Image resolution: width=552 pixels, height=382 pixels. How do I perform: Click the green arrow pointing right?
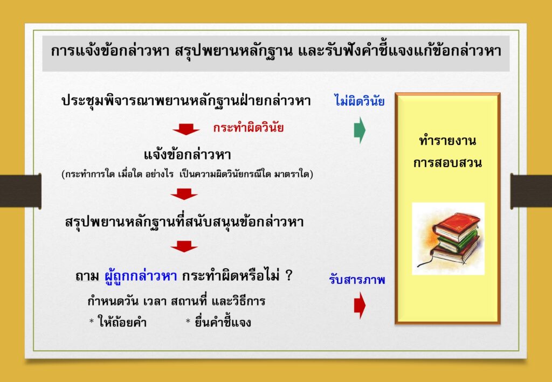tap(360, 130)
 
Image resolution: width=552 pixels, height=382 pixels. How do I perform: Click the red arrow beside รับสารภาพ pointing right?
tap(360, 305)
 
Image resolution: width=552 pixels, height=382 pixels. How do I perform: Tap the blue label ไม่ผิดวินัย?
tap(359, 101)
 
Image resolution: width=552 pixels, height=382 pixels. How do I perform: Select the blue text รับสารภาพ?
tap(357, 280)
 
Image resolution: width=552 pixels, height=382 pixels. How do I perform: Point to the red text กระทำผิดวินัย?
tap(248, 128)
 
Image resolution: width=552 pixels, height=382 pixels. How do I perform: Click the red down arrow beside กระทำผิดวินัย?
tap(186, 129)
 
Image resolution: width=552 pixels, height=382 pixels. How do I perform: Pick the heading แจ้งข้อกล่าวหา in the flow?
tap(187, 155)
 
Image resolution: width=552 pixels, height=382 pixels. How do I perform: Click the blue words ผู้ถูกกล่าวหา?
tap(141, 275)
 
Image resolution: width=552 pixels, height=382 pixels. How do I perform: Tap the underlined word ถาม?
tap(87, 276)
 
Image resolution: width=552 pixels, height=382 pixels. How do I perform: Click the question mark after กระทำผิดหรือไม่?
tap(289, 275)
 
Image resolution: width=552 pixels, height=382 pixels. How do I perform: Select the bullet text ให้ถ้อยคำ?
tap(123, 322)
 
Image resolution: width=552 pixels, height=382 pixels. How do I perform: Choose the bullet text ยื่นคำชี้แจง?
tap(223, 322)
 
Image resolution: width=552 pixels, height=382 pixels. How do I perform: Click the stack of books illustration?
tap(448, 239)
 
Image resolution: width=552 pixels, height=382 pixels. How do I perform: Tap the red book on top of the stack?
tap(457, 226)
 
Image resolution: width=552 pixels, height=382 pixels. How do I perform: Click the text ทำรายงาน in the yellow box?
tap(447, 141)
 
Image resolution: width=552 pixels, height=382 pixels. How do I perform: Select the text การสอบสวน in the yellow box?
tap(447, 163)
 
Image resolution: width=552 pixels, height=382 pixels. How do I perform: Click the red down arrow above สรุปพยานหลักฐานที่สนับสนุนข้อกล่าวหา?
tap(184, 194)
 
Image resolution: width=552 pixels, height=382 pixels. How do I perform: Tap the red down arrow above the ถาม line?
tap(184, 247)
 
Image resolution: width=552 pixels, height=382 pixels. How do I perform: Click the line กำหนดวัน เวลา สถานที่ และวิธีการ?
tap(176, 301)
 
